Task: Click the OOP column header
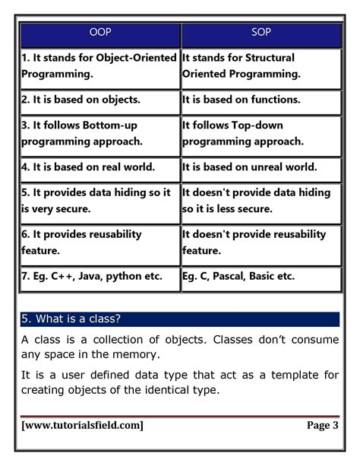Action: (99, 33)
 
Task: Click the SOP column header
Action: (261, 33)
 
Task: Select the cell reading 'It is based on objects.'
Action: (99, 100)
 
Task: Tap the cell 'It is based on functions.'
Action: (261, 100)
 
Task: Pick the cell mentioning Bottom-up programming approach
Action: (99, 133)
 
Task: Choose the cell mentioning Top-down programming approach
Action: (261, 133)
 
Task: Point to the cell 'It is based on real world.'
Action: (99, 166)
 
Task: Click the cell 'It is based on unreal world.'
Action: (261, 166)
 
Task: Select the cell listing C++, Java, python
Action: (99, 277)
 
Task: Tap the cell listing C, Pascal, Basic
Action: (261, 277)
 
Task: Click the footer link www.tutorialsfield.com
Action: (83, 426)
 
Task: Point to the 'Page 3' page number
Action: (322, 426)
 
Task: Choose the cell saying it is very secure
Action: (99, 199)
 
